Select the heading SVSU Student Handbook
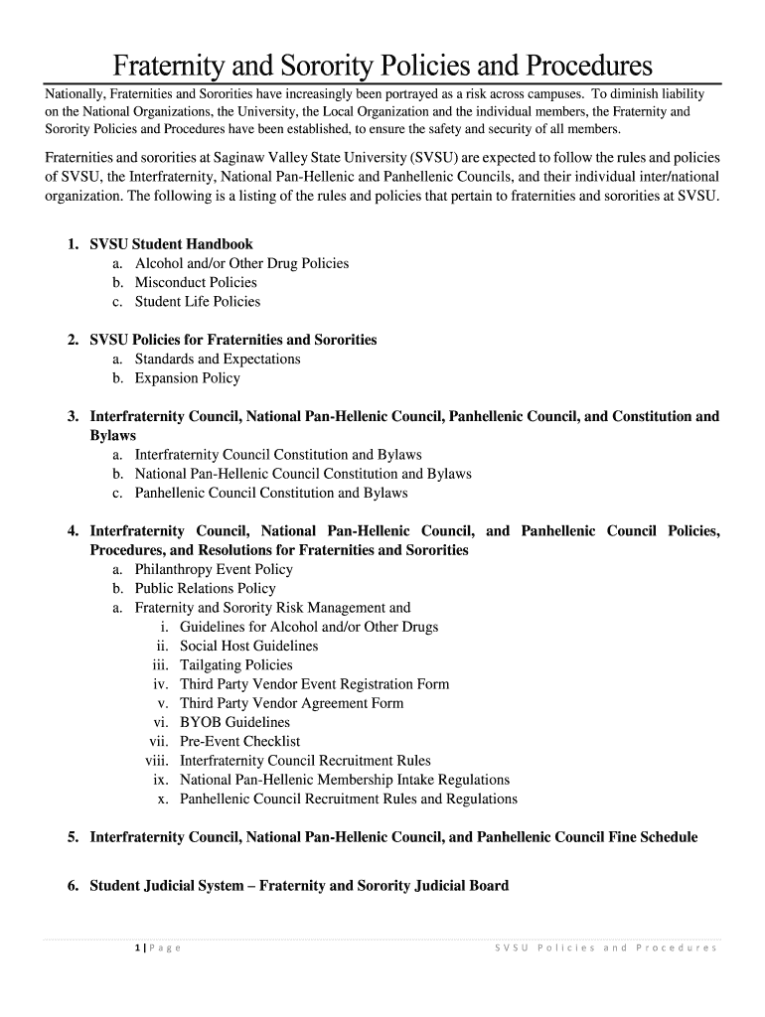(x=171, y=244)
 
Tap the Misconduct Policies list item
(x=196, y=283)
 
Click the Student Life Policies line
(x=197, y=302)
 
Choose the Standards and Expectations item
(x=218, y=360)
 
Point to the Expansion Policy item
(x=187, y=378)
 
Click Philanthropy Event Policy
(x=214, y=570)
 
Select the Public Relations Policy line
(x=205, y=589)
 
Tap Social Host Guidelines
(x=248, y=647)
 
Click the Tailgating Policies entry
(x=235, y=665)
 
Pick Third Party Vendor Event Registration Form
(x=314, y=684)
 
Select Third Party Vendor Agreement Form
(x=291, y=703)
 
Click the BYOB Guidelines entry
(x=234, y=723)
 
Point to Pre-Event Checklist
(x=239, y=742)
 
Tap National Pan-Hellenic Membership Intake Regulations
(x=344, y=780)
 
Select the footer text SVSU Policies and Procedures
(x=605, y=948)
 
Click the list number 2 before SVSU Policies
(x=73, y=341)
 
